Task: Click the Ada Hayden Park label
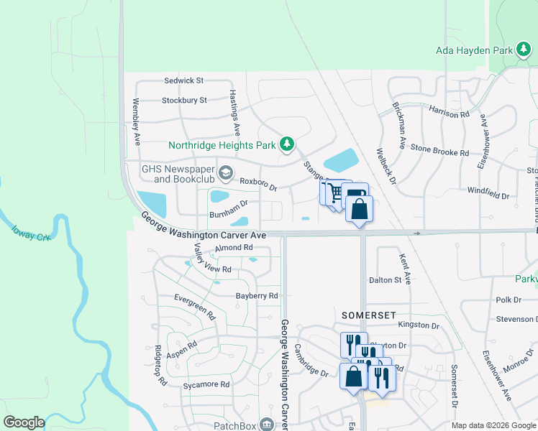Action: point(473,50)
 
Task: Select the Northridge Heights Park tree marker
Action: point(287,144)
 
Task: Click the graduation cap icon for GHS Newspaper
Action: point(226,172)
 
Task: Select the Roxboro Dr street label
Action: point(258,184)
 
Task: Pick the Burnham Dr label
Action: point(228,214)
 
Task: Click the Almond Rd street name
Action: point(234,248)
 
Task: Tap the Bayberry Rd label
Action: point(257,295)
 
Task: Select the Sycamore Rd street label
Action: point(205,385)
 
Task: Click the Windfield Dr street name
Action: point(488,195)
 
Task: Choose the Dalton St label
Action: point(385,280)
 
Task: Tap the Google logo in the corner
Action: point(24,422)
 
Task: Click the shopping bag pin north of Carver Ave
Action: point(359,210)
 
